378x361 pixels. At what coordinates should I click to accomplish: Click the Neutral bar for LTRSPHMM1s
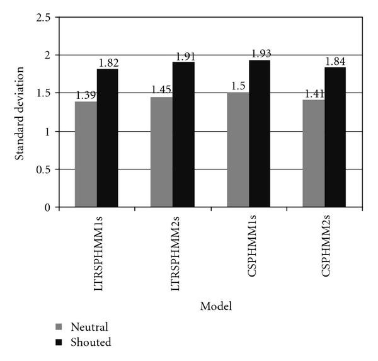point(86,154)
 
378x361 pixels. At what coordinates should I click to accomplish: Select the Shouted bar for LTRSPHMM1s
point(107,138)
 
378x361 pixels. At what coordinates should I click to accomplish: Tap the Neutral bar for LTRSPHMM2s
point(162,152)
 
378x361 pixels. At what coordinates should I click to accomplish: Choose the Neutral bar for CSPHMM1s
point(238,150)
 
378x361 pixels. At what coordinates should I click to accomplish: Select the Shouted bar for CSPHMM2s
point(335,137)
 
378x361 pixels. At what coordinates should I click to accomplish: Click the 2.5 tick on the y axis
point(43,18)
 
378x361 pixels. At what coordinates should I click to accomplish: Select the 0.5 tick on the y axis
point(43,169)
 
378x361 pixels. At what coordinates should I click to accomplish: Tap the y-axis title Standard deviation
point(20,112)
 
